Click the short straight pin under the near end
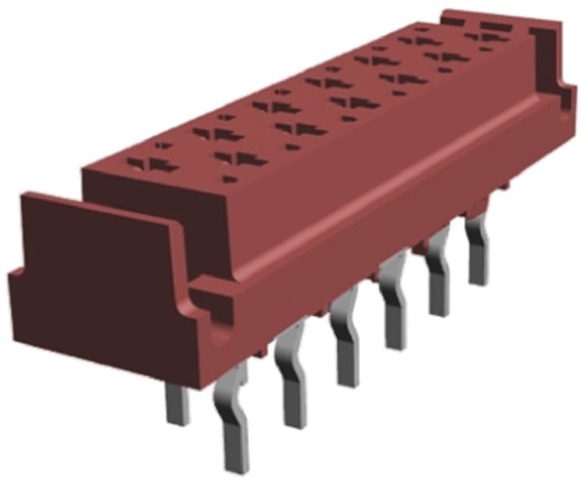[178, 402]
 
